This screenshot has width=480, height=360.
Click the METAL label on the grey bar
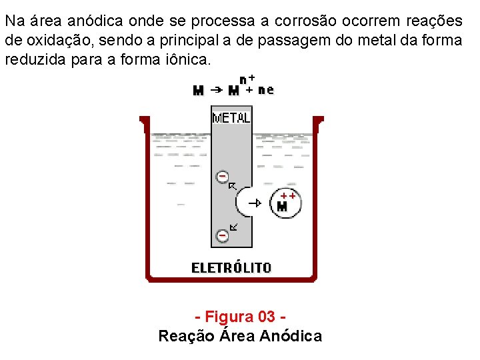231,118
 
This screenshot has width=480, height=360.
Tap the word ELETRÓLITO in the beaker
231,268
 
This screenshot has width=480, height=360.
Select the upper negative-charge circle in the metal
222,177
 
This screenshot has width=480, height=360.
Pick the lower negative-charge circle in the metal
222,235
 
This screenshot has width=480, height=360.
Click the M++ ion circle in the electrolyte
284,203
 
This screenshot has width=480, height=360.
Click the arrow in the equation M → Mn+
217,89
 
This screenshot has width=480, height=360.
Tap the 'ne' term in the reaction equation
266,90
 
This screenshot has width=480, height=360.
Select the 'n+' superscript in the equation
247,79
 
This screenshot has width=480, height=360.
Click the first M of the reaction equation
198,90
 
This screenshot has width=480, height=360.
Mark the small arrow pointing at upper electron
233,186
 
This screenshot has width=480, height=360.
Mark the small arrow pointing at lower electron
233,227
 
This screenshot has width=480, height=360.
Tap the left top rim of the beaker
144,121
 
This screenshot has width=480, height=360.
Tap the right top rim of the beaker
319,121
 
